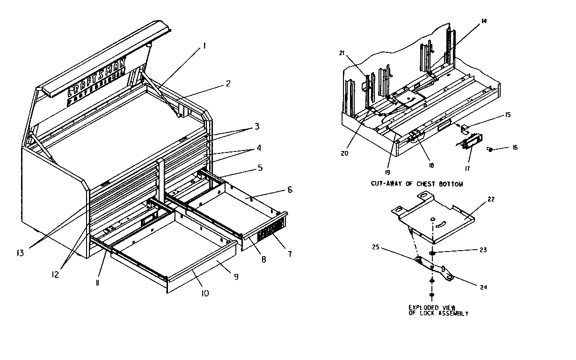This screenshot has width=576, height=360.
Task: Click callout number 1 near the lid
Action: click(x=204, y=46)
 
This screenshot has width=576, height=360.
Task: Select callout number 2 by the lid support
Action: click(x=228, y=84)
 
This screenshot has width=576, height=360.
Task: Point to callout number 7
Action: click(x=290, y=254)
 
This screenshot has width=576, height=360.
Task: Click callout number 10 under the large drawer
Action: click(x=204, y=293)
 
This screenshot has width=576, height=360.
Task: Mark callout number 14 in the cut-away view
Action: click(x=483, y=21)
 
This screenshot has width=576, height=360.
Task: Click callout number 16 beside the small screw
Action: click(x=515, y=147)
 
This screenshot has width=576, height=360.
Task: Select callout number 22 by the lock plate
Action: click(x=490, y=199)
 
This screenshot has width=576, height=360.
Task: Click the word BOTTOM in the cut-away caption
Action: click(x=451, y=184)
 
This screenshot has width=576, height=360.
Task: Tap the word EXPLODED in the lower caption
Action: click(x=424, y=308)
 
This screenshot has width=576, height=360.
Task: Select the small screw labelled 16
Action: click(x=490, y=149)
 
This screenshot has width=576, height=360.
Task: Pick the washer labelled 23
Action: click(x=431, y=253)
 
